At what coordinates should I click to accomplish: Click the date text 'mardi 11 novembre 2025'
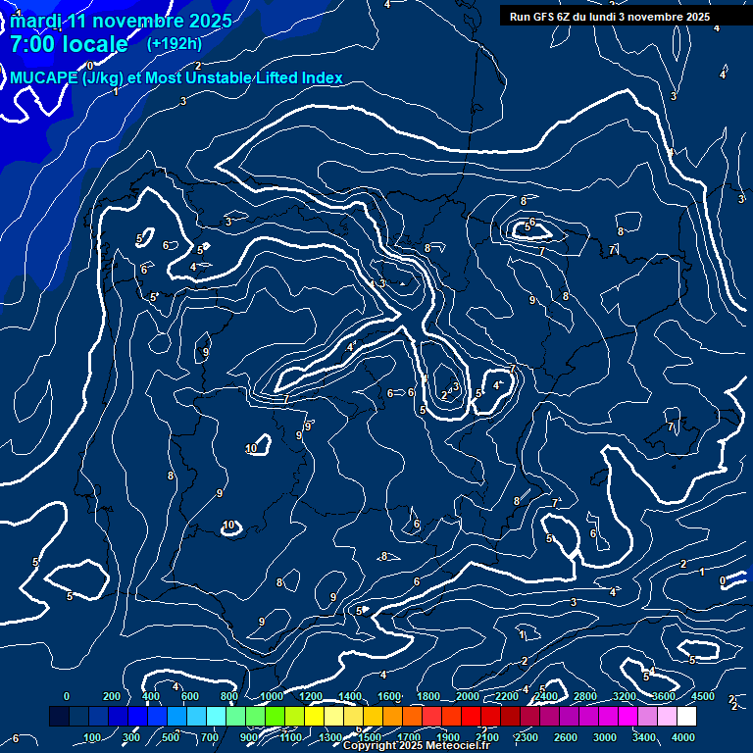click(122, 21)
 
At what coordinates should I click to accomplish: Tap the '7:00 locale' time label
click(69, 44)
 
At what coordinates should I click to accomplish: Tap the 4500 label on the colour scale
click(703, 696)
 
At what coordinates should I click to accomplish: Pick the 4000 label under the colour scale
click(683, 737)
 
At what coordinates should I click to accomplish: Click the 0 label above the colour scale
click(67, 696)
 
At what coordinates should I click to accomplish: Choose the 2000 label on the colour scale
click(468, 696)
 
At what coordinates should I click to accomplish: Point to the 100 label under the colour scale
click(93, 737)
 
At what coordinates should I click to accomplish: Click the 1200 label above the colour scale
click(310, 696)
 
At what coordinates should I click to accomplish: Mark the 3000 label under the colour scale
click(605, 737)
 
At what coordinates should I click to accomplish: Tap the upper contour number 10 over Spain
click(251, 448)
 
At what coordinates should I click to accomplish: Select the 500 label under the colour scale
click(172, 737)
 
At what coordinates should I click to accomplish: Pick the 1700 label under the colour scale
click(408, 737)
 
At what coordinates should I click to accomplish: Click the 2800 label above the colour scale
click(585, 696)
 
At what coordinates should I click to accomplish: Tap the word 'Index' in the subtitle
click(321, 78)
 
